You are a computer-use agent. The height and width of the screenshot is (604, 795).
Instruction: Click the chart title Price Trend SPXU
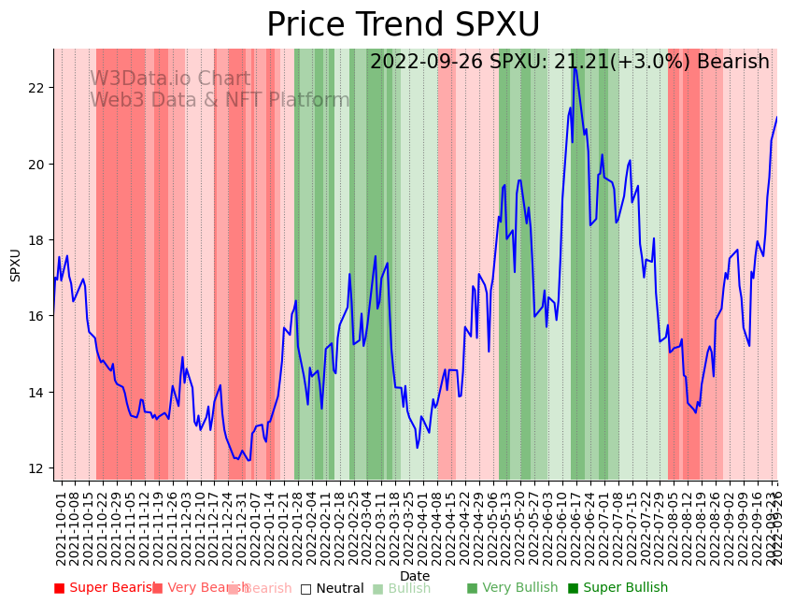(403, 25)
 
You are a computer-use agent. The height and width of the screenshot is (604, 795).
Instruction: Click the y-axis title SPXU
(16, 265)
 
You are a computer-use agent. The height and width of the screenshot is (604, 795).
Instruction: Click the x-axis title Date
(415, 576)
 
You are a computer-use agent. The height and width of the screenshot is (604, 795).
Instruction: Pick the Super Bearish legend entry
(105, 588)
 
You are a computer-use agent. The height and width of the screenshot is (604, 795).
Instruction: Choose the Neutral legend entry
(332, 588)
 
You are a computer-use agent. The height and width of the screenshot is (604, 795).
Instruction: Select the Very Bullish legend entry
(512, 588)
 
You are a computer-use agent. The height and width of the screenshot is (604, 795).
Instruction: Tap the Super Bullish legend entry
(618, 588)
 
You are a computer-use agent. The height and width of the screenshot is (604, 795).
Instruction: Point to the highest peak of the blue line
(575, 67)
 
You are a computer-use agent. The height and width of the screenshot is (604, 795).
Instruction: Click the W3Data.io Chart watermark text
(170, 79)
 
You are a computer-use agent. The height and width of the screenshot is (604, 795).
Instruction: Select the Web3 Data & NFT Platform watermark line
(220, 100)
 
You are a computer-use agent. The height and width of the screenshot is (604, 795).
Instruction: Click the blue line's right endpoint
(776, 117)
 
